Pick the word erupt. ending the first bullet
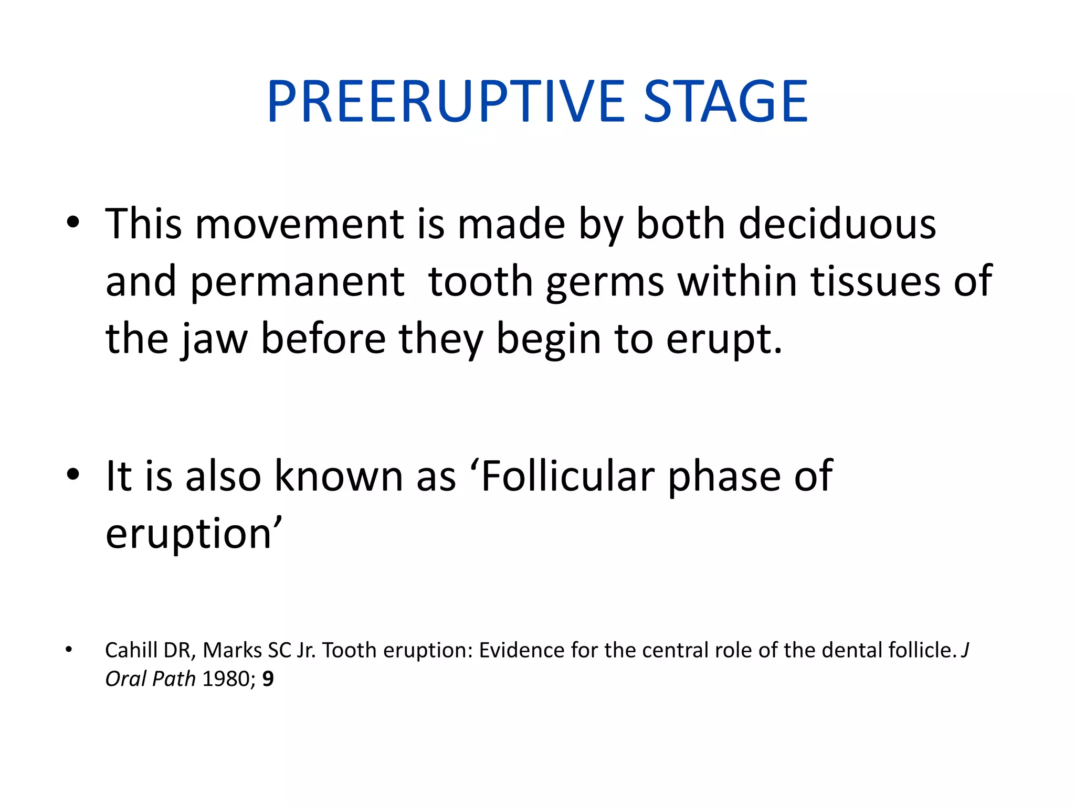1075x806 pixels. pyautogui.click(x=724, y=340)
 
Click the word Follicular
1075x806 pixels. pyautogui.click(x=567, y=476)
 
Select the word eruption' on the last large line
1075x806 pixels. pyautogui.click(x=194, y=534)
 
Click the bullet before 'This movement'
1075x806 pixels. pyautogui.click(x=73, y=222)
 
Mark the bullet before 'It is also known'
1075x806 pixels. pyautogui.click(x=73, y=474)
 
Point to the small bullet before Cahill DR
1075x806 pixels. pyautogui.click(x=69, y=650)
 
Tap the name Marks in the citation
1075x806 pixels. pyautogui.click(x=232, y=650)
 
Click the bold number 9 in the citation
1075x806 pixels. pyautogui.click(x=268, y=679)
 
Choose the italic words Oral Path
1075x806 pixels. pyautogui.click(x=150, y=679)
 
